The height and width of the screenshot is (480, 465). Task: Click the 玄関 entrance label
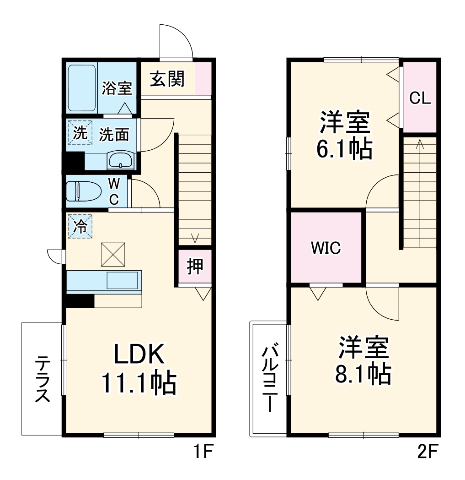pyautogui.click(x=167, y=79)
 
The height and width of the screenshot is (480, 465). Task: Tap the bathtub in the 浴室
pyautogui.click(x=82, y=88)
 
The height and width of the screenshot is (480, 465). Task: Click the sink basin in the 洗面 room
pyautogui.click(x=120, y=161)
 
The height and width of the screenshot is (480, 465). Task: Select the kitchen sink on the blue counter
pyautogui.click(x=122, y=280)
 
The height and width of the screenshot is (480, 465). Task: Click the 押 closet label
pyautogui.click(x=195, y=267)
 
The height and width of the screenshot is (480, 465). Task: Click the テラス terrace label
pyautogui.click(x=42, y=379)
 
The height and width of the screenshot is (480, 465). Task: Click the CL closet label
pyautogui.click(x=420, y=98)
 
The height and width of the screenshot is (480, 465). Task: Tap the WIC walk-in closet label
pyautogui.click(x=326, y=248)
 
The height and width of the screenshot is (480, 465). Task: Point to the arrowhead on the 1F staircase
pyautogui.click(x=195, y=239)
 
